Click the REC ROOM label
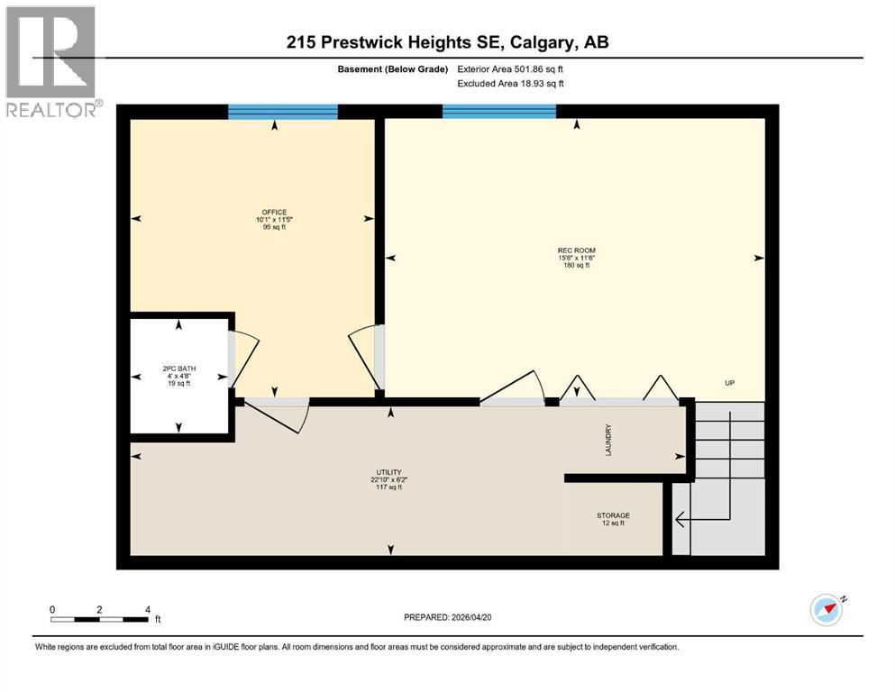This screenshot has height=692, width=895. click(x=576, y=250)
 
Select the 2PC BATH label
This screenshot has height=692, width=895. click(x=179, y=369)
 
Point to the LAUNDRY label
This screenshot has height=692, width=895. click(x=608, y=440)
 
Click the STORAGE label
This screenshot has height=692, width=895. click(x=613, y=515)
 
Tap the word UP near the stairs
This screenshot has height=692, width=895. click(x=731, y=383)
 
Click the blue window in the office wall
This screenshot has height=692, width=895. click(x=282, y=112)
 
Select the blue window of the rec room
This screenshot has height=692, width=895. click(x=498, y=112)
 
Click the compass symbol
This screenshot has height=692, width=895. click(x=826, y=610)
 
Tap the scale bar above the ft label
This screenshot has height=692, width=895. click(x=99, y=619)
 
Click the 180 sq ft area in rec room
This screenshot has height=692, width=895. click(x=576, y=266)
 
